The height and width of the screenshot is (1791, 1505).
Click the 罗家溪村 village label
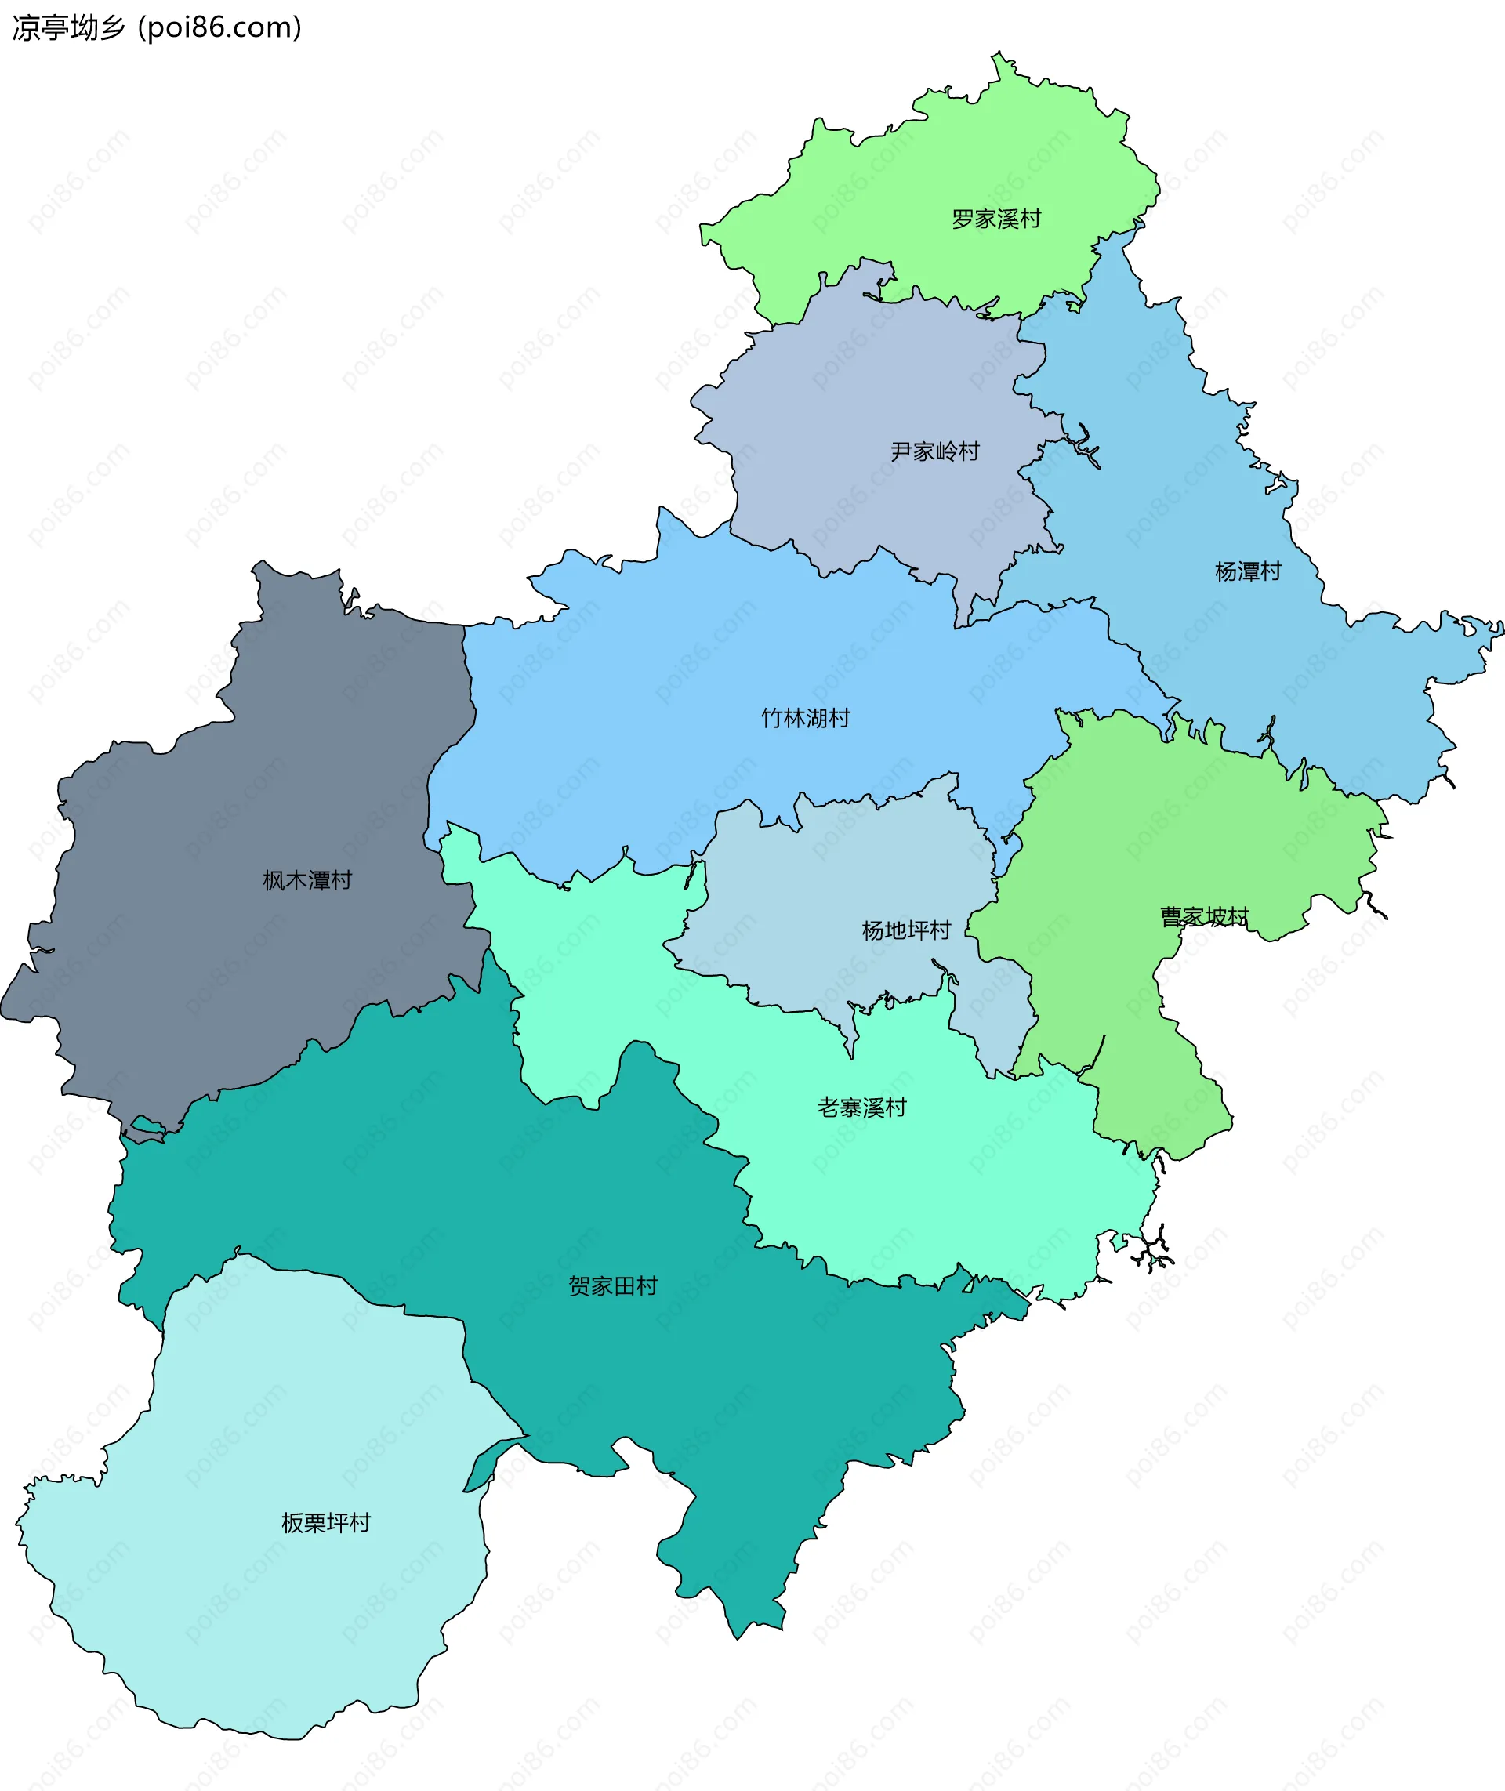(995, 219)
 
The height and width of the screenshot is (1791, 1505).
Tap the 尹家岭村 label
(935, 451)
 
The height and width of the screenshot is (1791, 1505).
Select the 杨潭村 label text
(1247, 571)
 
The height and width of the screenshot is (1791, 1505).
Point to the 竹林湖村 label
(805, 719)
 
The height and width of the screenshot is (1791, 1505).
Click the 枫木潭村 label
(307, 880)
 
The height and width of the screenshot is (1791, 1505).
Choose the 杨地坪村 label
(906, 930)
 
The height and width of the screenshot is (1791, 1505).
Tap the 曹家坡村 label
(1204, 917)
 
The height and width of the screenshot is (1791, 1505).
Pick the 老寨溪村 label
(861, 1108)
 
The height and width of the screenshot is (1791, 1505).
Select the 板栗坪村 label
(326, 1523)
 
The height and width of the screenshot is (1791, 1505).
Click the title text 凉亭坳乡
(68, 27)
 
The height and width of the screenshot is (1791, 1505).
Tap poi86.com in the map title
(220, 27)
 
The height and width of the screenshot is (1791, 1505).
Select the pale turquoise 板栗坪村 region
(256, 1621)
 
